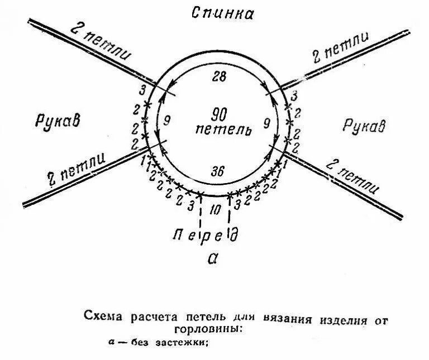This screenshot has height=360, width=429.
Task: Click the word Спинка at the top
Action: pos(222,13)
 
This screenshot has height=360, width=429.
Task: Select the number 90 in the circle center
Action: pos(220,115)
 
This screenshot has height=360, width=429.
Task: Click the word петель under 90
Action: pos(220,130)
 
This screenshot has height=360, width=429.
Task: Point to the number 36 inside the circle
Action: pos(218,172)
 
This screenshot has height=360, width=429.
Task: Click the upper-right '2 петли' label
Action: pos(340,49)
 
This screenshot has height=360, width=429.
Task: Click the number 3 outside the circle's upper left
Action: pos(144,89)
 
